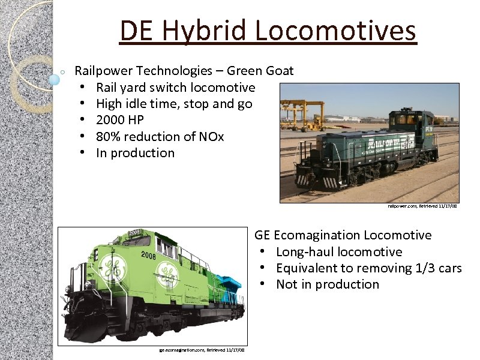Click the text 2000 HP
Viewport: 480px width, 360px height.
[120, 120]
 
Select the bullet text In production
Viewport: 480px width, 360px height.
[135, 153]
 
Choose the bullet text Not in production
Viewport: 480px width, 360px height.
[327, 284]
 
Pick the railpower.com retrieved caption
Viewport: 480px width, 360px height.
[422, 206]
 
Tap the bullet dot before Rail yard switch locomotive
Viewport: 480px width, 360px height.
[80, 88]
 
